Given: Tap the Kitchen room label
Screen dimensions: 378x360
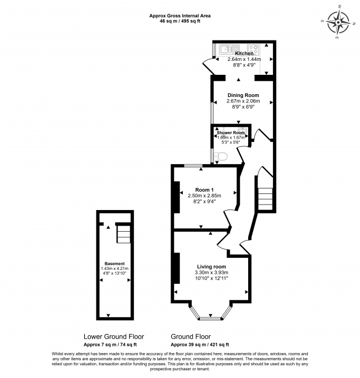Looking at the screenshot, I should tap(244, 53).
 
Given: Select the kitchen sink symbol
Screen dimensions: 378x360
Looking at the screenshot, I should tap(228, 48).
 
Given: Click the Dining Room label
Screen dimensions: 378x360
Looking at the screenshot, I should tap(243, 95).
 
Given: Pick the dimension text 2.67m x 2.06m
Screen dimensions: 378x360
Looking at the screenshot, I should tap(243, 102).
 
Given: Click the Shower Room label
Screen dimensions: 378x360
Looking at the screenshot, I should tap(231, 133).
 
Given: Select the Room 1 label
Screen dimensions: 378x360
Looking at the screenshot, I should tap(204, 188).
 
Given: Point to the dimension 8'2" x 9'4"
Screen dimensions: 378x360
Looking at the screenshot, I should tap(204, 202).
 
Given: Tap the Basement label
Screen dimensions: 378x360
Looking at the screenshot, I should tap(115, 263).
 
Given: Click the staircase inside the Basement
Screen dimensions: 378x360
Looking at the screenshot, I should tap(122, 234).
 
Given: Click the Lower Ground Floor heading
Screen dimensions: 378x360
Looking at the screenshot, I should tap(114, 336).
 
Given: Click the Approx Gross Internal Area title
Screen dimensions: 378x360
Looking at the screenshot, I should tap(179, 15).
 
